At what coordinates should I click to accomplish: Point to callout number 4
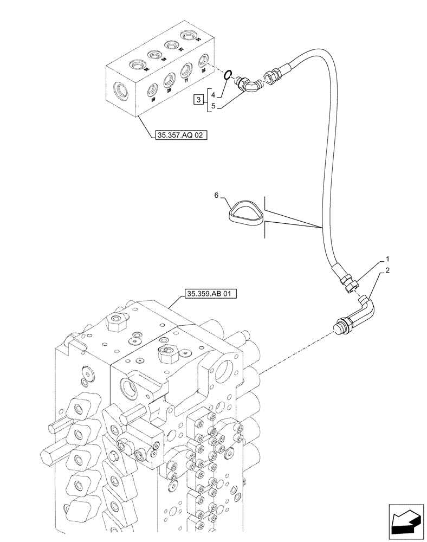pyautogui.click(x=214, y=94)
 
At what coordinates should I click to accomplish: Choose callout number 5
pyautogui.click(x=214, y=106)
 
